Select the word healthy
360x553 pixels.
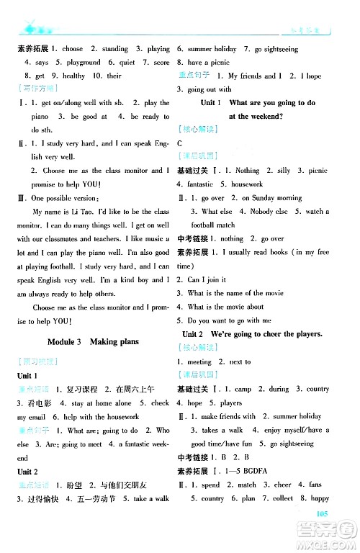pyautogui.click(x=74, y=76)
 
